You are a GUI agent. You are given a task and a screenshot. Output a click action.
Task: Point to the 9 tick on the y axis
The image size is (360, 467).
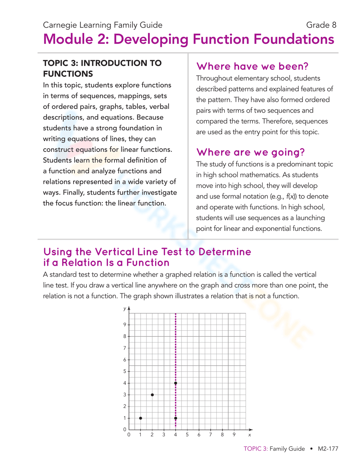(125, 325)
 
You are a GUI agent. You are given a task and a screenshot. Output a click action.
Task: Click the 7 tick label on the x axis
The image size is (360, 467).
(211, 435)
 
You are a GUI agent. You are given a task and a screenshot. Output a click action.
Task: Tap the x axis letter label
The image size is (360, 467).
(249, 435)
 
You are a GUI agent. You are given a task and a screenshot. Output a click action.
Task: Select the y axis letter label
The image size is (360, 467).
(125, 308)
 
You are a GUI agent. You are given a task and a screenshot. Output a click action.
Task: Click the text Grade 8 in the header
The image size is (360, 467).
(321, 25)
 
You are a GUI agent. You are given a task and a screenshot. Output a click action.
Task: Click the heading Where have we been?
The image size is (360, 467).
(252, 66)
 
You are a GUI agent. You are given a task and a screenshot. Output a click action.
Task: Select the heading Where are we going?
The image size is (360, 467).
(251, 152)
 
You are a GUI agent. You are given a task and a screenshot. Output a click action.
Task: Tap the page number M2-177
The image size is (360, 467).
(328, 449)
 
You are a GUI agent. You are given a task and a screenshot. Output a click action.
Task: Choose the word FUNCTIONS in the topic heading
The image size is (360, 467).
(68, 74)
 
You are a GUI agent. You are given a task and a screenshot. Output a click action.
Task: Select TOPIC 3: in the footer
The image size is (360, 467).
(256, 449)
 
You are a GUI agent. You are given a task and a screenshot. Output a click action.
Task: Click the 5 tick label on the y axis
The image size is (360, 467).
(125, 371)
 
